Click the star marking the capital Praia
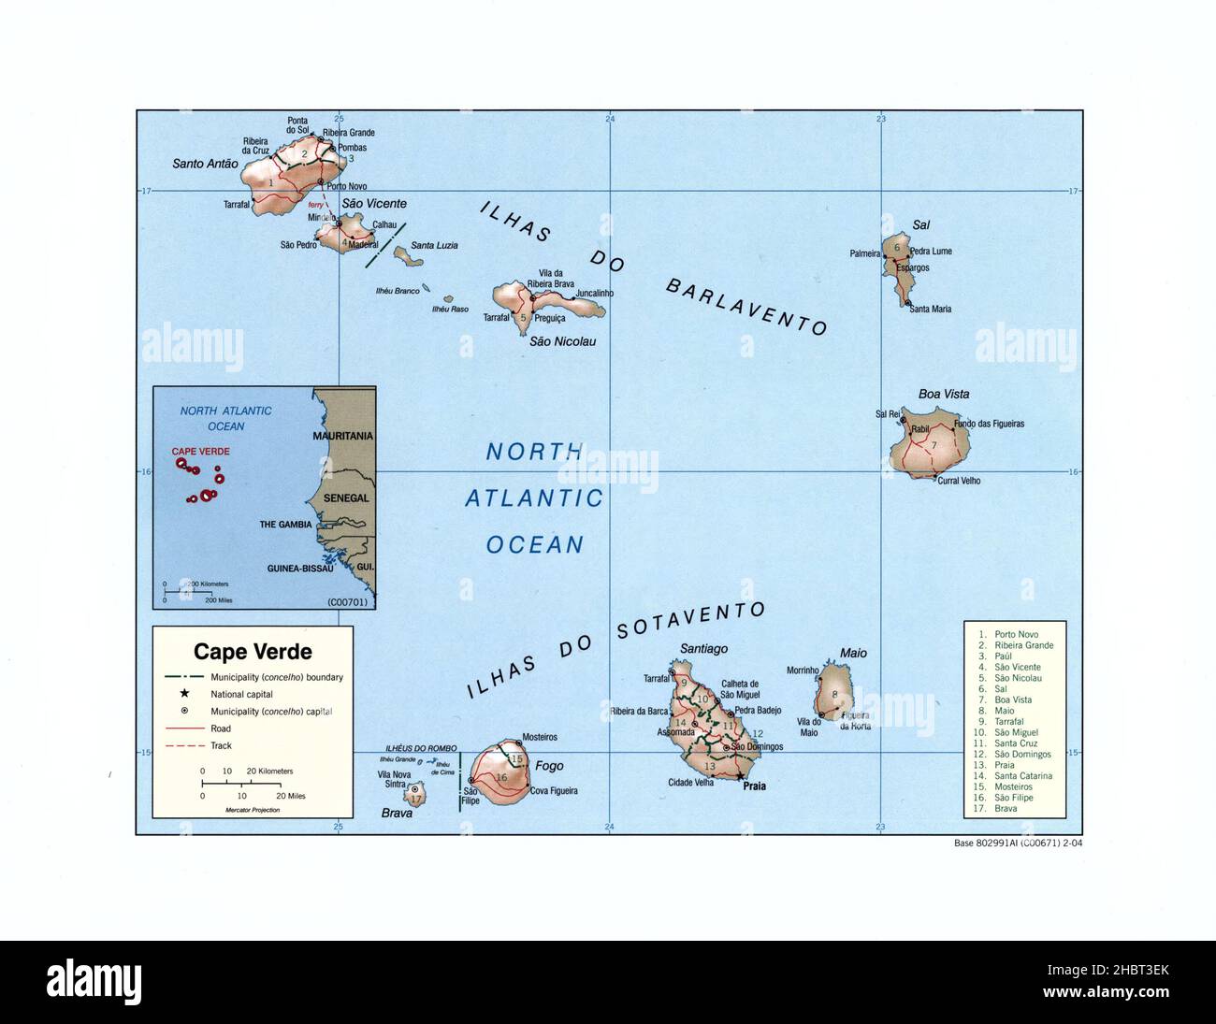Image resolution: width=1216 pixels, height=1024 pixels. coord(739,775)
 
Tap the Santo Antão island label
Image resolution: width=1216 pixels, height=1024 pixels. coord(205,164)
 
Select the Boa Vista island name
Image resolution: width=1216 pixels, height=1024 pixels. coord(943,394)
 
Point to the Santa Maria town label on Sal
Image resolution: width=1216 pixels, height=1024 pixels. coord(930,310)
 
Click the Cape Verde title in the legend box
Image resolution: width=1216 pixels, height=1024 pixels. coord(253,651)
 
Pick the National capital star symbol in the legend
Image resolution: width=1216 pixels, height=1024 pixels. coord(185,694)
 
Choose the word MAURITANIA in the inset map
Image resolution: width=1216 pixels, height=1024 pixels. coord(343,436)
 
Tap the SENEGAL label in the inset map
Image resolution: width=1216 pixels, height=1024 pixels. coord(346,498)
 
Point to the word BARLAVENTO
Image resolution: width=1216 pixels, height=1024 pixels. coord(746,306)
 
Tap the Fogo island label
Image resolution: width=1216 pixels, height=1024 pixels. coord(549,766)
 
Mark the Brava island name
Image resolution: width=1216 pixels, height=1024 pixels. coord(397,813)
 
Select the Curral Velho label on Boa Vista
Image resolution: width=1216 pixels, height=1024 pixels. coord(958,481)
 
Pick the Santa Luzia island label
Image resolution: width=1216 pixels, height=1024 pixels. coord(435,245)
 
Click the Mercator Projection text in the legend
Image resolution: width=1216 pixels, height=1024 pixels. coord(252,810)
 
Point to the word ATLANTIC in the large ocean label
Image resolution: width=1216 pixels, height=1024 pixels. coord(534,498)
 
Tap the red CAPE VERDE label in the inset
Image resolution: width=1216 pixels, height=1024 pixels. coord(200,451)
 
